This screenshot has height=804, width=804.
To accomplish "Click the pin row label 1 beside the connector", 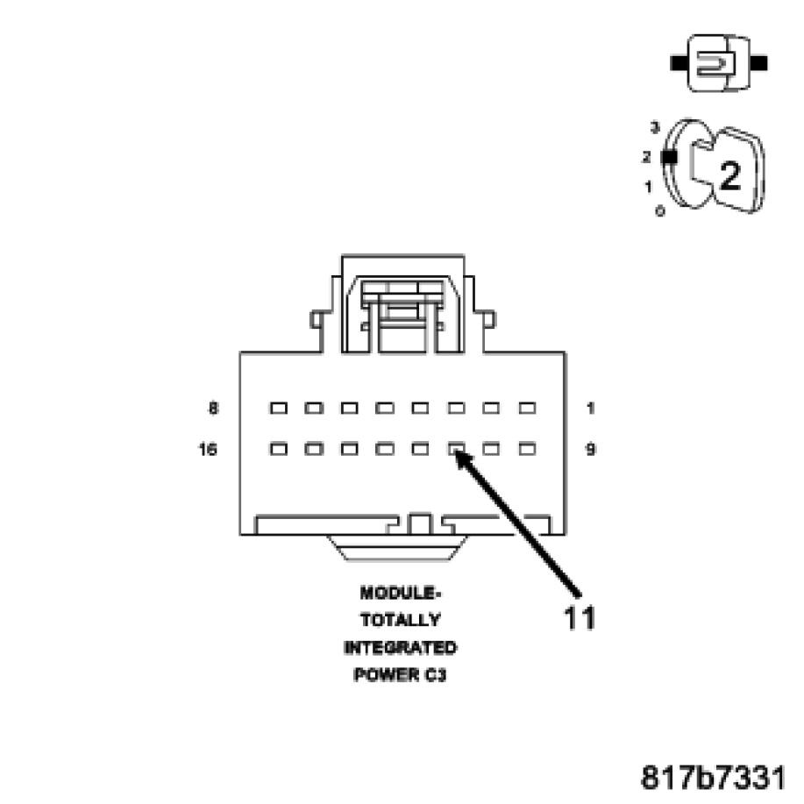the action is pyautogui.click(x=590, y=408).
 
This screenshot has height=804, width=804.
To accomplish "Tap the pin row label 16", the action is pyautogui.click(x=210, y=449).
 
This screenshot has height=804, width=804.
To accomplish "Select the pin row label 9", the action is pyautogui.click(x=590, y=449).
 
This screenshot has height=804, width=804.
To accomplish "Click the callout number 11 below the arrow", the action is pyautogui.click(x=580, y=617).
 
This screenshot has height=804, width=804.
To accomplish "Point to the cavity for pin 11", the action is pyautogui.click(x=456, y=449).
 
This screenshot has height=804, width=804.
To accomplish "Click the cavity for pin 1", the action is pyautogui.click(x=527, y=408).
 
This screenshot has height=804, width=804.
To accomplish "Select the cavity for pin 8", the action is pyautogui.click(x=279, y=408).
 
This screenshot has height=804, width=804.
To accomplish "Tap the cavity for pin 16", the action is pyautogui.click(x=279, y=449).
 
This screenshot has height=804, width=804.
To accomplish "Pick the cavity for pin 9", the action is pyautogui.click(x=527, y=449).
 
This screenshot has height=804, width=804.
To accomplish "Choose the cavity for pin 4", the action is pyautogui.click(x=420, y=408).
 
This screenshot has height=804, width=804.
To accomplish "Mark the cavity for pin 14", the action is pyautogui.click(x=350, y=449).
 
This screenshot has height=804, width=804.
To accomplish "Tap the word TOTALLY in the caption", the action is pyautogui.click(x=400, y=620).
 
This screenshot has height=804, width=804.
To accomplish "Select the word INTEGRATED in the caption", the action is pyautogui.click(x=400, y=648).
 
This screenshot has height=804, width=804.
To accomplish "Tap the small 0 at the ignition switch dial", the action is pyautogui.click(x=659, y=211).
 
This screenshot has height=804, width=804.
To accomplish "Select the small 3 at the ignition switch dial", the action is pyautogui.click(x=654, y=128).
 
